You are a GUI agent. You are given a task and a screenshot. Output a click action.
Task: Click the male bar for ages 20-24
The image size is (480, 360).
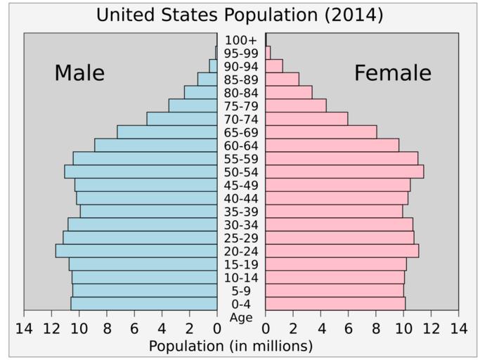coord(136,251)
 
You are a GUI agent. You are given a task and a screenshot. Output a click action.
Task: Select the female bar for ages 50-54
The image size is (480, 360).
coord(344,172)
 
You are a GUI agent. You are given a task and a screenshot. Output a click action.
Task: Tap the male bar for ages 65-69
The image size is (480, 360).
coord(167,132)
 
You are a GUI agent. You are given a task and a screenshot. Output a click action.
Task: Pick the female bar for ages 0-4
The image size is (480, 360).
coord(335,304)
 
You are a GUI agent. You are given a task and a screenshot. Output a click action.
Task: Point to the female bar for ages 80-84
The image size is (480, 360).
coord(289,93)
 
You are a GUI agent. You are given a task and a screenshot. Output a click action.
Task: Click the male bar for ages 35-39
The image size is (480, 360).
coord(148,211)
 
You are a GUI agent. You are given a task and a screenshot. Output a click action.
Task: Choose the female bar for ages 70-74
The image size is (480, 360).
coord(306,119)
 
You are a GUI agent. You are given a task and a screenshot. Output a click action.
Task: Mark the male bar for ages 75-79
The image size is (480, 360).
coord(193,105)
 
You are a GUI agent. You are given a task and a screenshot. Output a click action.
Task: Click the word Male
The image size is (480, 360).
coord(79,73)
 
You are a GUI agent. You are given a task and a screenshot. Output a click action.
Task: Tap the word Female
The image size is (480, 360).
coord(392,73)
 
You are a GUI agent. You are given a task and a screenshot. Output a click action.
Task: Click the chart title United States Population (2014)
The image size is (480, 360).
coord(240,15)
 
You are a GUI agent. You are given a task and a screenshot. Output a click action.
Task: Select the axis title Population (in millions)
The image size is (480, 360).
coord(231,346)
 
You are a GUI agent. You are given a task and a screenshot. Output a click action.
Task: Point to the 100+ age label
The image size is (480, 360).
coord(241,40)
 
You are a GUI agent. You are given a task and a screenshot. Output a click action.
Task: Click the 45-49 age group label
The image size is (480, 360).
coord(241,185)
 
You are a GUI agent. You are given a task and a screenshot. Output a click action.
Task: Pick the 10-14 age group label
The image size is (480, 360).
coord(241,278)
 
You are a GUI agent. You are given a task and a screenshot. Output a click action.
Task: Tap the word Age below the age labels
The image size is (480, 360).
coord(241,317)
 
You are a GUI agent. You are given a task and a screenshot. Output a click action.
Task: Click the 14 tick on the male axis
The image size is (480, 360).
coord(24,328)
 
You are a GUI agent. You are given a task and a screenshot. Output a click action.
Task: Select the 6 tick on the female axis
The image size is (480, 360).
coord(349,328)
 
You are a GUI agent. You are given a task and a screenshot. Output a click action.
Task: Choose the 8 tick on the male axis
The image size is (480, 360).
coord(107,328)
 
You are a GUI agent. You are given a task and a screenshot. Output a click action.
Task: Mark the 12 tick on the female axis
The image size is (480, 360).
coord(431,328)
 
